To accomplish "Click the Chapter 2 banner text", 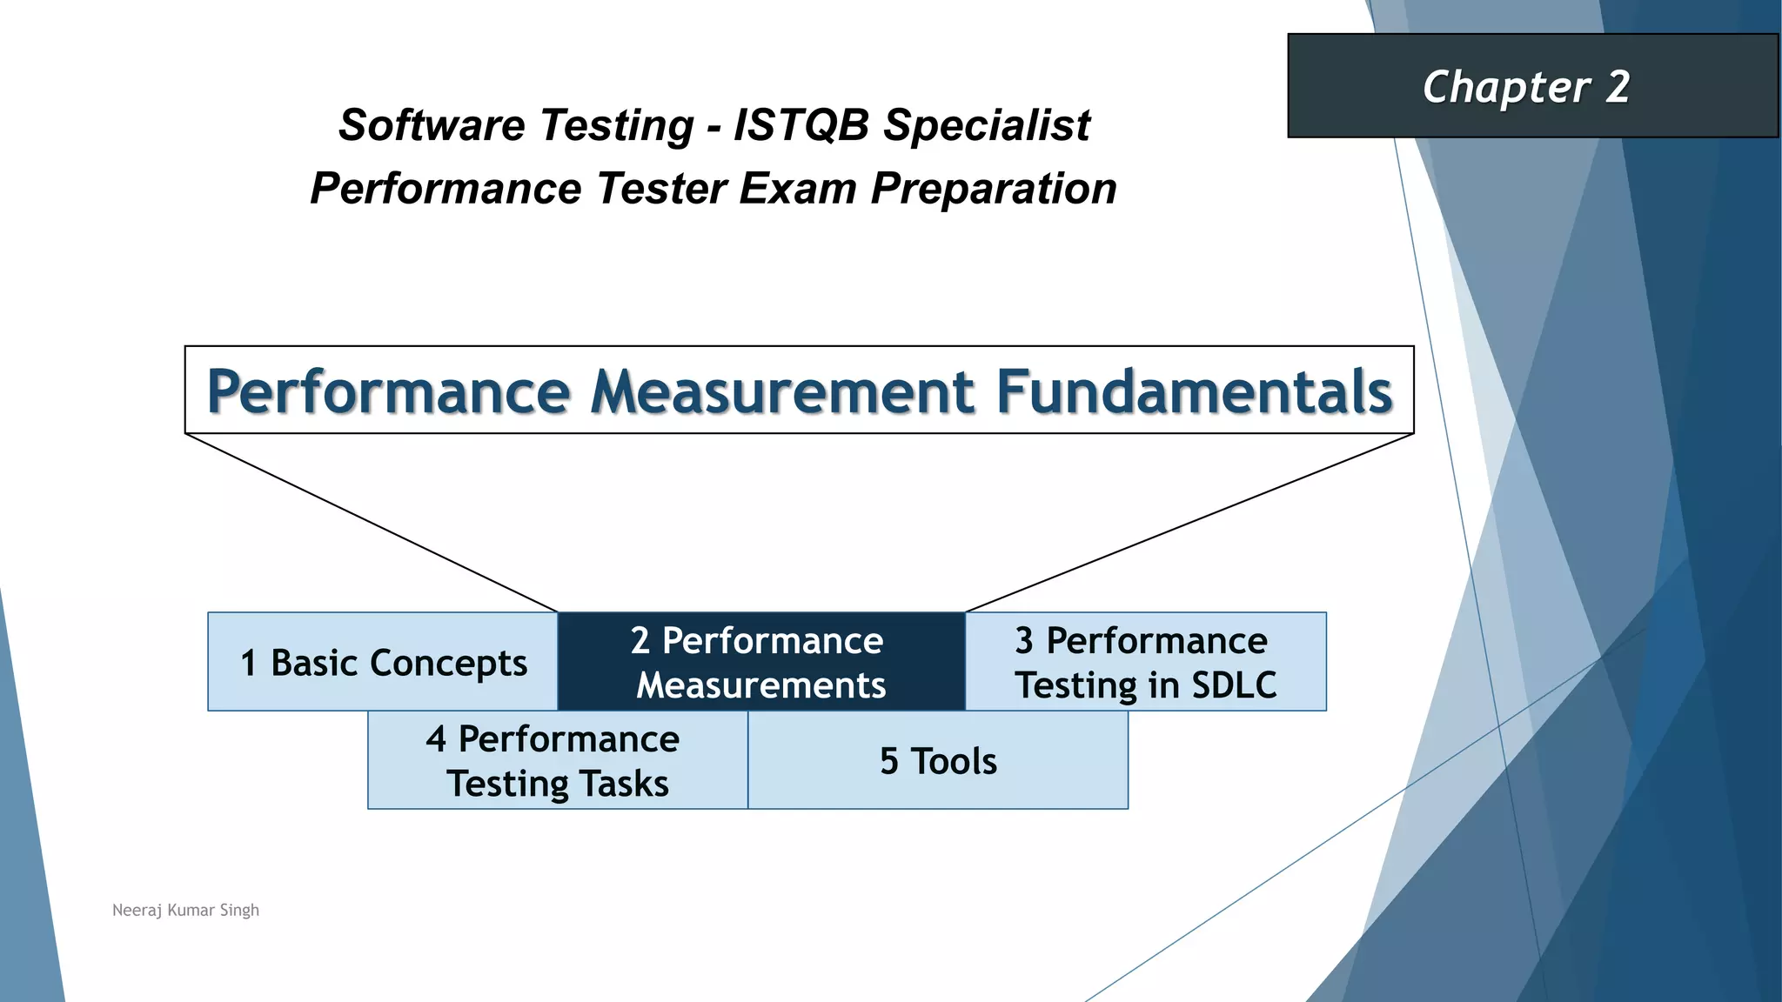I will pos(1526,87).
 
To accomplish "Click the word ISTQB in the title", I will pos(801,125).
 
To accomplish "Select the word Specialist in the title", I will pos(987,125).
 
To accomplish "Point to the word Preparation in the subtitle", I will pos(994,189).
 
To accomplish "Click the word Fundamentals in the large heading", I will pos(1194,391).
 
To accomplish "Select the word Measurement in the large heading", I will pos(782,391).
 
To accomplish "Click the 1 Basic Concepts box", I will pos(383,663).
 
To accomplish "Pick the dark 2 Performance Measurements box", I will pos(760,663).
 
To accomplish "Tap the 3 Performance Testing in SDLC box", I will pos(1145,663).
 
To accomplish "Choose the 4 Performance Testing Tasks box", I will pos(557,761).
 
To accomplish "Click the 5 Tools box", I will pos(938,761).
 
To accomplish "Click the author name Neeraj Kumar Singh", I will pos(185,910).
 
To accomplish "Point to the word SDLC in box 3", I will pos(1234,685).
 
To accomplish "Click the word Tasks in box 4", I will pos(624,784).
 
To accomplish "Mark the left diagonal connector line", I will pos(372,523).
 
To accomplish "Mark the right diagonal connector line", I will pos(1189,523).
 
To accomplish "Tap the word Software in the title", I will pos(429,125).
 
